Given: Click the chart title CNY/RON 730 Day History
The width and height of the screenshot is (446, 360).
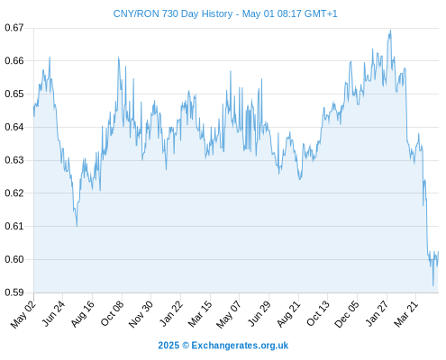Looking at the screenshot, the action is pos(173,13).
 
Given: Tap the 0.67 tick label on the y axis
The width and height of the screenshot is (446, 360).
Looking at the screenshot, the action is pos(14,28).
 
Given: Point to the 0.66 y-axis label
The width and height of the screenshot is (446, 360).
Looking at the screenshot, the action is pos(14,60).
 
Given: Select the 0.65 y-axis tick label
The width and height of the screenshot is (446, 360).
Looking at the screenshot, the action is pos(14,94).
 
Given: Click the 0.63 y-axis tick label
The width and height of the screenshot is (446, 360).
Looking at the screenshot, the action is pos(14,160).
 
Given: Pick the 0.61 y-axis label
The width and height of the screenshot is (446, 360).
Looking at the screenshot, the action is pos(14,226).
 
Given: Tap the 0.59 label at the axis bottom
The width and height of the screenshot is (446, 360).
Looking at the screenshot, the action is pos(14,292).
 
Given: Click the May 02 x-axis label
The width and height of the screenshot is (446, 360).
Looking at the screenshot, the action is pos(23,314).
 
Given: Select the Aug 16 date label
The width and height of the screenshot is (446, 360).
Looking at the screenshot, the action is pos(83,314).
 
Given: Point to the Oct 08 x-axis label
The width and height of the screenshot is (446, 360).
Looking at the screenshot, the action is pos(112,314).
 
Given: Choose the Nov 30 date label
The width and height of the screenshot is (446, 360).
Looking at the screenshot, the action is pos(141,314).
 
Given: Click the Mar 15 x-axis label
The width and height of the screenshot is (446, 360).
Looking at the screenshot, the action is pos(200,314).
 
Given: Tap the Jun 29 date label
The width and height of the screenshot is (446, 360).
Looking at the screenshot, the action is pos(259,314).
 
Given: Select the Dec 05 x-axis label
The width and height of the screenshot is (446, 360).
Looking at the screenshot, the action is pos(347,314).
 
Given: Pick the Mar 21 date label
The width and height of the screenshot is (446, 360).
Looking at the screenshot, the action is pos(406,314).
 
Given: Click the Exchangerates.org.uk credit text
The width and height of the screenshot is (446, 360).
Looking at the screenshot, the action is pos(240,346).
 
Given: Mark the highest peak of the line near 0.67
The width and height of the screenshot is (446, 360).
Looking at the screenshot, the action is pos(390,30).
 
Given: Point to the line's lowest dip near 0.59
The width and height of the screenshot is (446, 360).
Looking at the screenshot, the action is pos(433,285).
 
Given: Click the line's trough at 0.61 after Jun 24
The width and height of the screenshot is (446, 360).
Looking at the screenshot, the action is pos(77,226).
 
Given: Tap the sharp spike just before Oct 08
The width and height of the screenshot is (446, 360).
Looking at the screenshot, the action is pos(118,57).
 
